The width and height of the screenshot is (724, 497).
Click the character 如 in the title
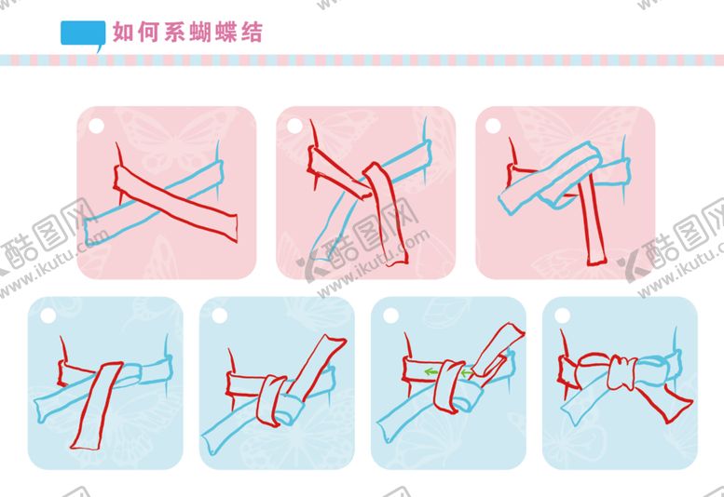tap(123, 33)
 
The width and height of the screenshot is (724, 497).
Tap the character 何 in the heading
tap(149, 33)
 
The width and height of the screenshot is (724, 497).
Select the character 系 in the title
tap(174, 33)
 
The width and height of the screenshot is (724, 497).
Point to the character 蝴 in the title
tap(200, 33)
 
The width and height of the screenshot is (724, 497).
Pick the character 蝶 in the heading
tap(226, 33)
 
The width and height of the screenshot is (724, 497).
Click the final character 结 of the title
tap(252, 33)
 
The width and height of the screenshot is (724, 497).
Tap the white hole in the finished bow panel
tap(562, 316)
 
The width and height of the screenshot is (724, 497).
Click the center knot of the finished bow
tap(622, 372)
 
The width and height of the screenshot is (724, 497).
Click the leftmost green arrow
tap(431, 371)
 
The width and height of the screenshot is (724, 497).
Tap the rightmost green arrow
tap(466, 371)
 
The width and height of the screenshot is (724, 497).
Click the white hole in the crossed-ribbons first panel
tap(96, 126)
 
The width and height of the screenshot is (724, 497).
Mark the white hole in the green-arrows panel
tap(390, 316)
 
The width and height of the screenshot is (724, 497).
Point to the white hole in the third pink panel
tap(493, 126)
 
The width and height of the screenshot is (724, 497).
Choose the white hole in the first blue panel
tap(48, 316)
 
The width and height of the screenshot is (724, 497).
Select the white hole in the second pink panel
tap(294, 126)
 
